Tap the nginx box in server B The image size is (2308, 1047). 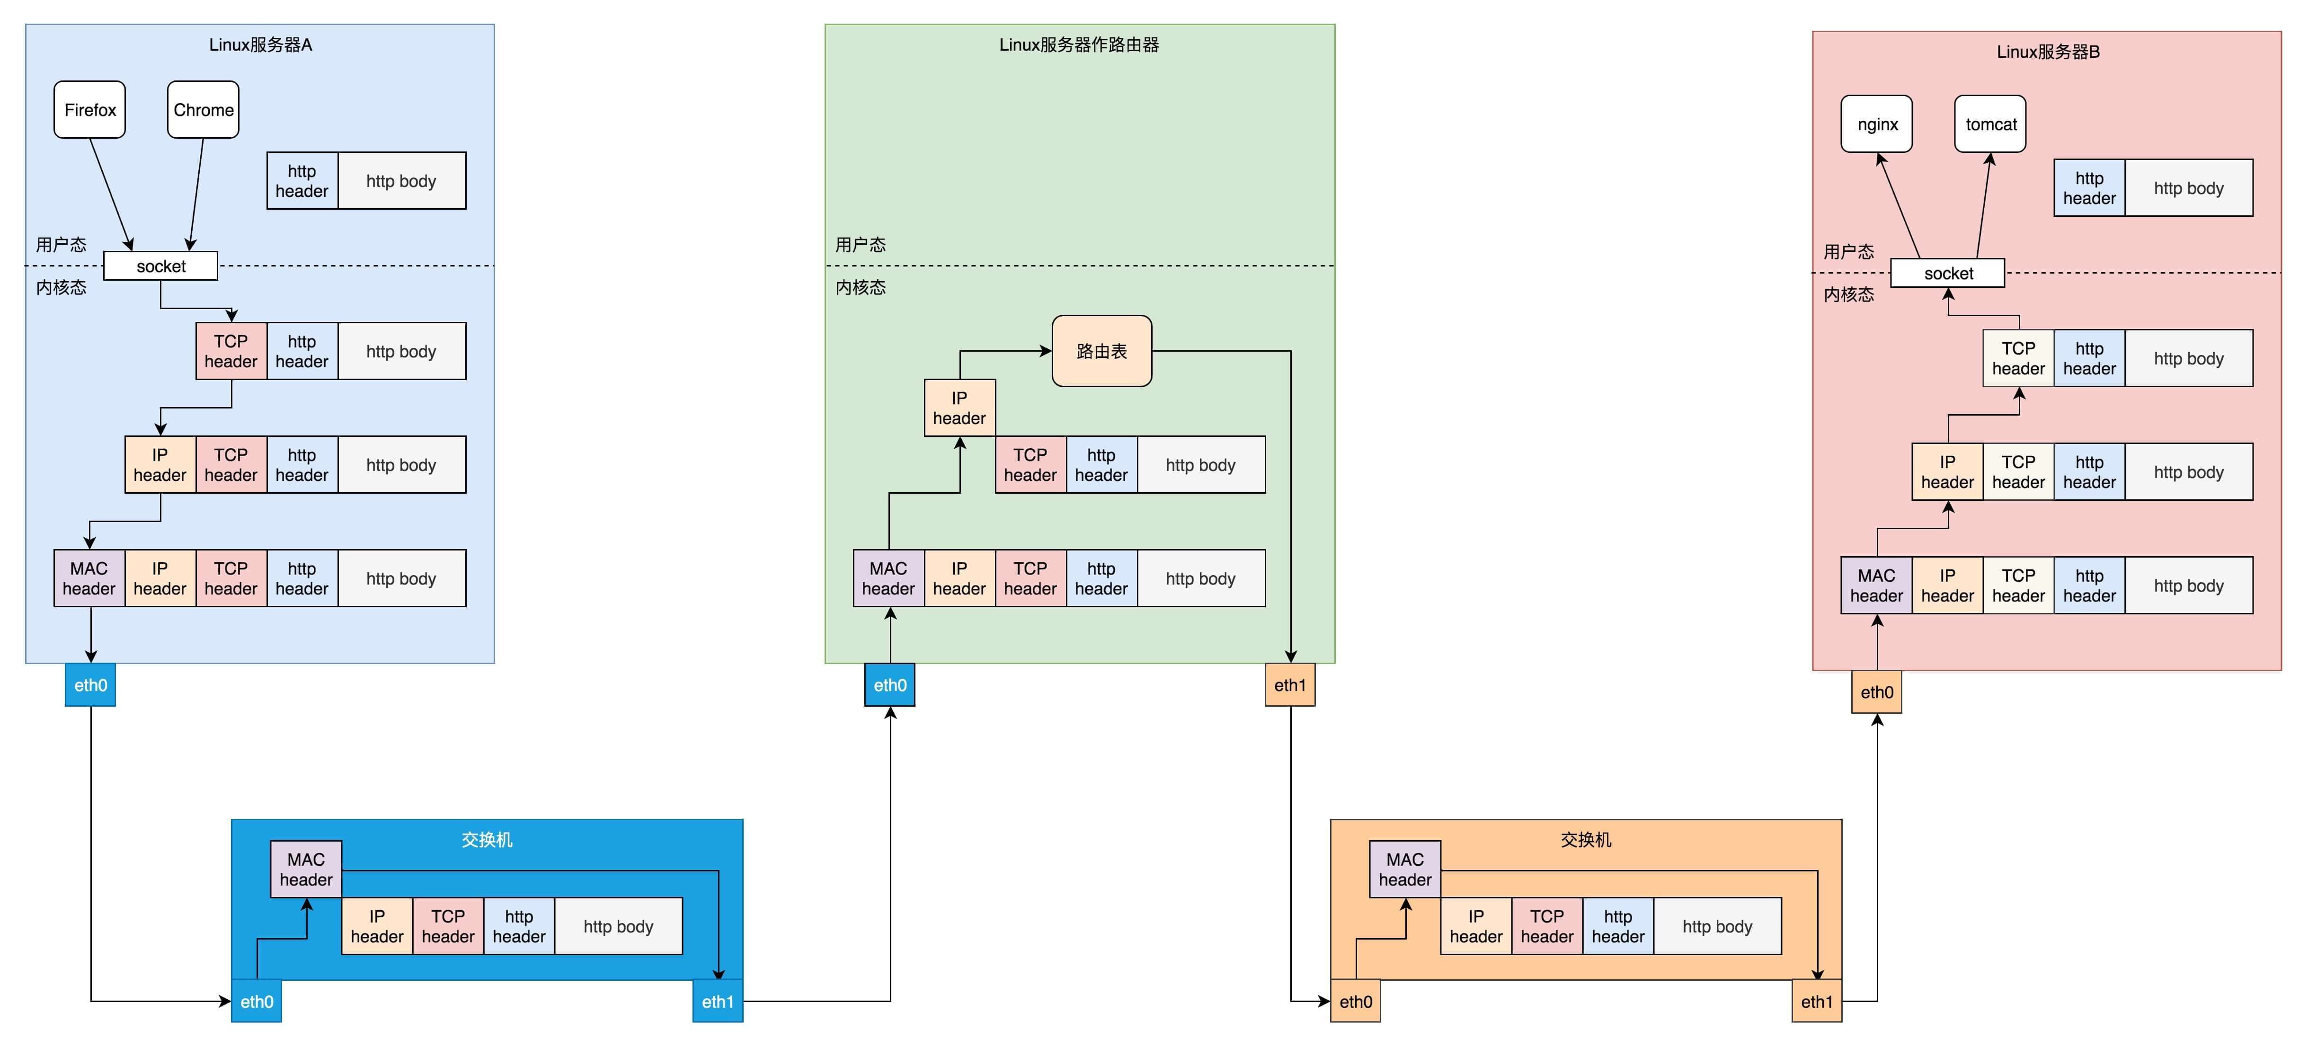pos(1877,124)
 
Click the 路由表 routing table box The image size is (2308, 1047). pos(1101,351)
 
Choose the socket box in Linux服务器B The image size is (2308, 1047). pos(1948,273)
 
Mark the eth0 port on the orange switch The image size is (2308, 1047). pos(1356,1001)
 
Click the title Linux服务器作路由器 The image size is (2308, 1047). pos(1079,45)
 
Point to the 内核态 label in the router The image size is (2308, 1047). pos(860,287)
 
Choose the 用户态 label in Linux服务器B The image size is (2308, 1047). pos(1848,252)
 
